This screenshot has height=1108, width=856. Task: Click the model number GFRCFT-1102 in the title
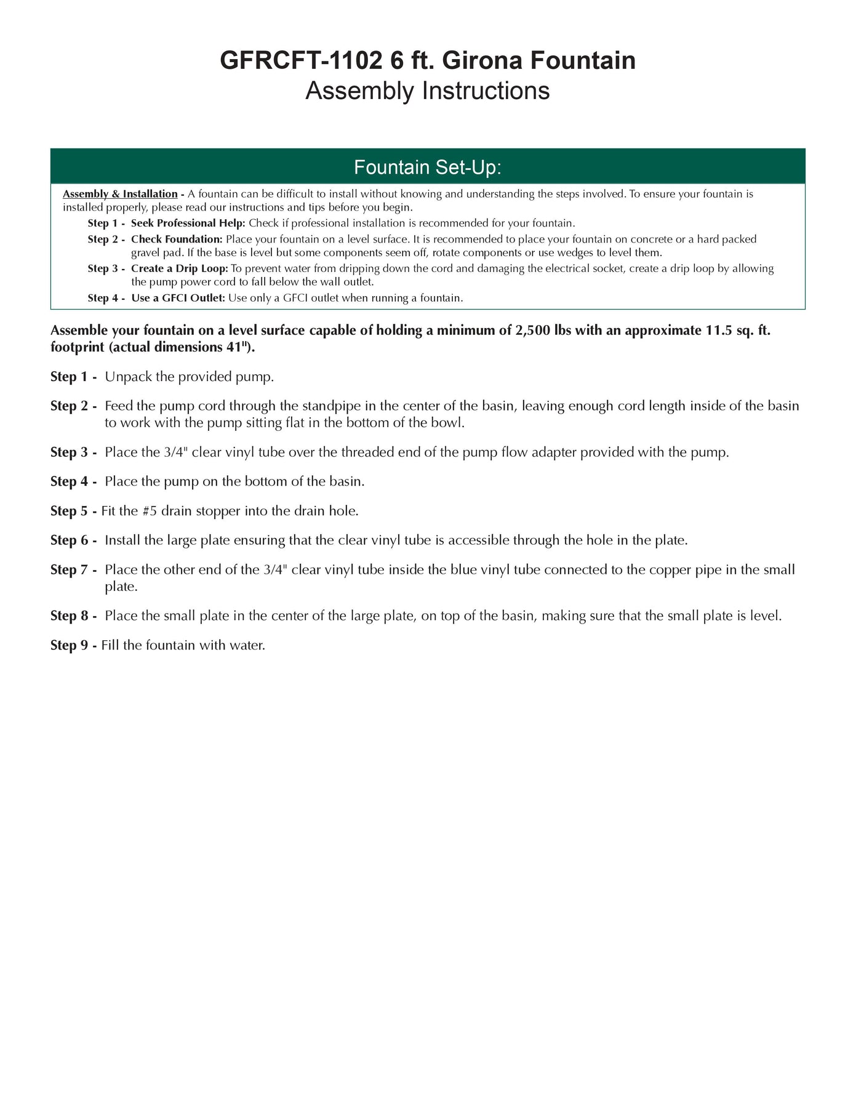tap(301, 60)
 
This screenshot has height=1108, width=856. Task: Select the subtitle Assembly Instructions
tap(428, 90)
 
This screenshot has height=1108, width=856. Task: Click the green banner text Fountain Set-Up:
tap(428, 167)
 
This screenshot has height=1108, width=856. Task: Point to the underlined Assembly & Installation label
tap(120, 194)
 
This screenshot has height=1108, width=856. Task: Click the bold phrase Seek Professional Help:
tap(188, 223)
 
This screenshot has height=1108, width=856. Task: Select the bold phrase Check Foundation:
tap(177, 239)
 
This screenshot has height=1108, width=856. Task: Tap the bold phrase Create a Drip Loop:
tap(179, 268)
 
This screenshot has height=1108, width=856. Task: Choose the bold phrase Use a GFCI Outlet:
tap(178, 298)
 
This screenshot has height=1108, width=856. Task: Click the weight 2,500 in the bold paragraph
tap(532, 331)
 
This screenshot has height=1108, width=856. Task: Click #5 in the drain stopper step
tap(150, 511)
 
